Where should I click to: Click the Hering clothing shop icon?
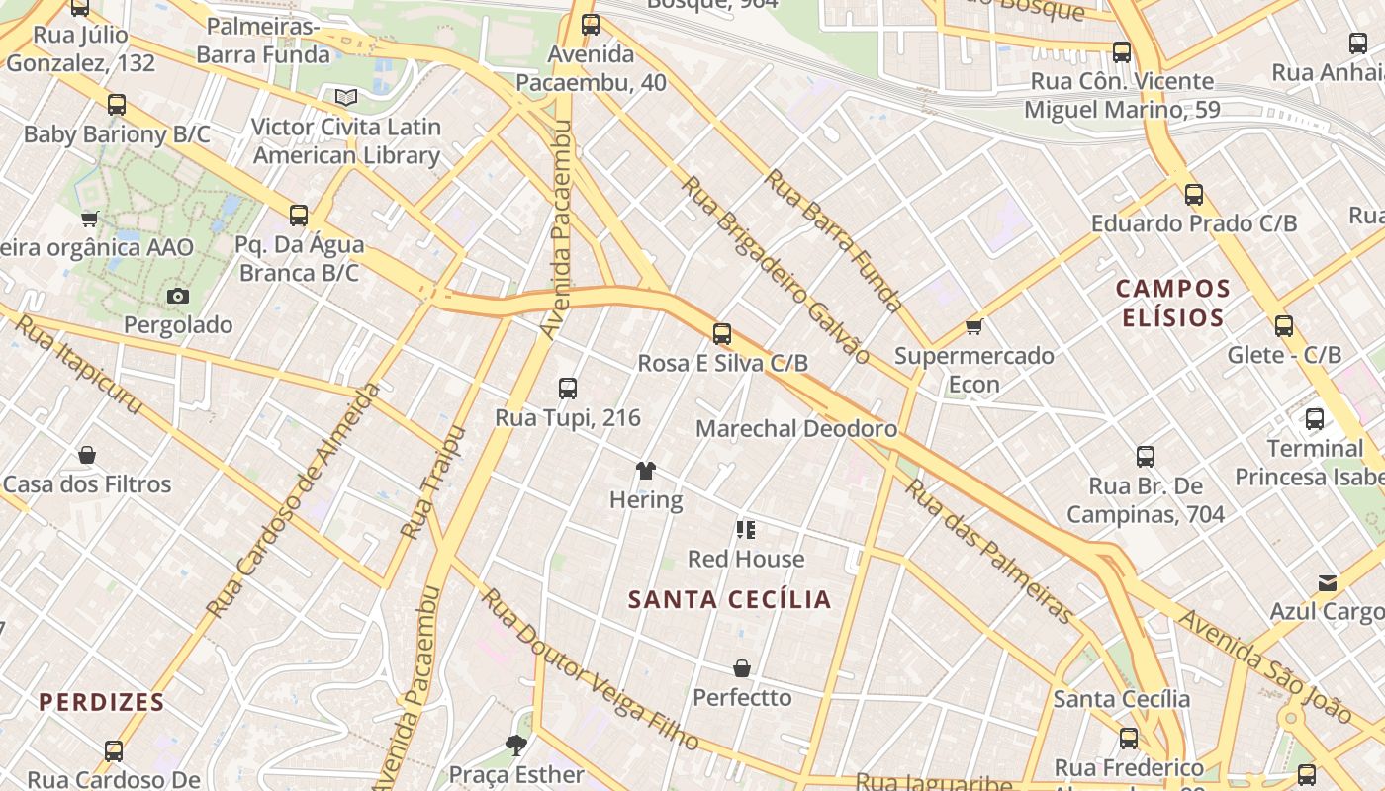[646, 471]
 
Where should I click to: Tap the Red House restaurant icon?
[746, 530]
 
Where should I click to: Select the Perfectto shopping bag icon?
[742, 669]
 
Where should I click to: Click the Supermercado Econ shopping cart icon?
[974, 326]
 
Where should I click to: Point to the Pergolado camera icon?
[178, 296]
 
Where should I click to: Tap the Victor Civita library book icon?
[345, 97]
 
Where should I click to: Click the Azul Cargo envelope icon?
[1327, 583]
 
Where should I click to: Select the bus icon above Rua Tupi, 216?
[568, 389]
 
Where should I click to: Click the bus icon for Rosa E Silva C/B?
[722, 334]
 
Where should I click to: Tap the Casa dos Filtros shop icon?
[87, 456]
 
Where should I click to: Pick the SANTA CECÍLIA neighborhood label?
[730, 600]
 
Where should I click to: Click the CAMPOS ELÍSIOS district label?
[1173, 304]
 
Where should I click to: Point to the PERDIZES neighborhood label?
[101, 703]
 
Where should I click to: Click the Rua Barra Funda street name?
[833, 240]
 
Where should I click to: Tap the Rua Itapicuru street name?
[79, 364]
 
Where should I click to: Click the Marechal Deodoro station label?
[796, 429]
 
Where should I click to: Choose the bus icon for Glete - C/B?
[1284, 326]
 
